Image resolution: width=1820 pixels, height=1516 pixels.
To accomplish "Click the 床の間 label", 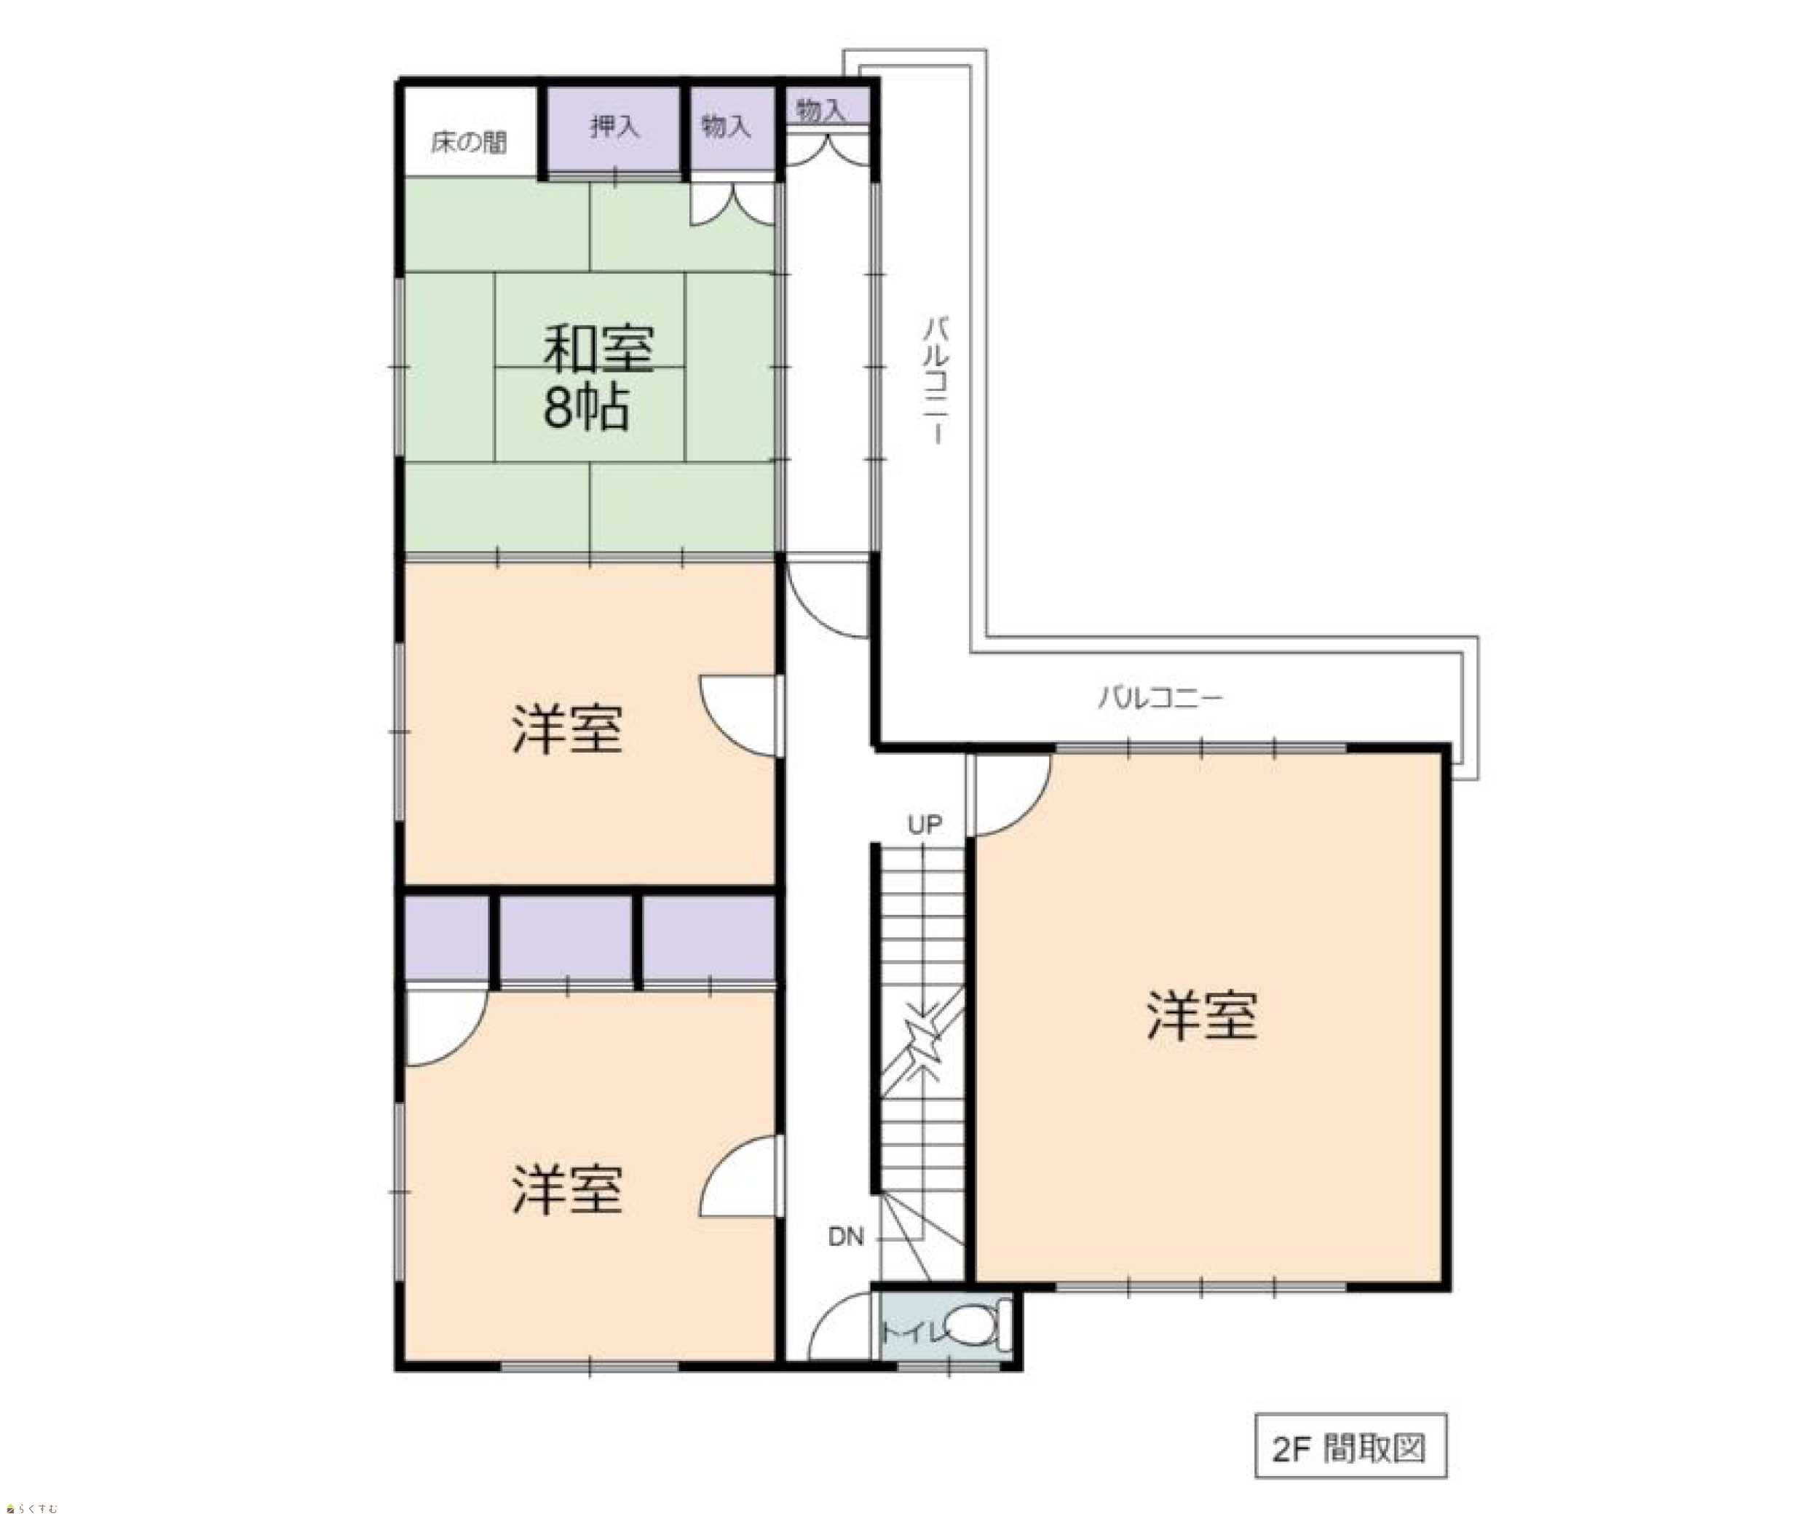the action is click(x=469, y=142).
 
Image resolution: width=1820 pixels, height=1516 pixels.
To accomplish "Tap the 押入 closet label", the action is click(x=614, y=127).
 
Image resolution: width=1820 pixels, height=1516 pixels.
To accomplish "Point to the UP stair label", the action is click(x=925, y=824).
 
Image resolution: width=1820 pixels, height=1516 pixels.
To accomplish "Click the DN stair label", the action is click(x=846, y=1237).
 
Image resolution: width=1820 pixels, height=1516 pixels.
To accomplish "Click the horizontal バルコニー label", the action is click(x=1160, y=697).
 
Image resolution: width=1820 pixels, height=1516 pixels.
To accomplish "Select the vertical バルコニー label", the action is click(x=936, y=381).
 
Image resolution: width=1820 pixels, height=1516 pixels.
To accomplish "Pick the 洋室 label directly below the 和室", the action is click(x=567, y=729).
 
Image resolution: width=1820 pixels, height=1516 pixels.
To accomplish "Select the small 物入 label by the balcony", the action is click(x=820, y=110).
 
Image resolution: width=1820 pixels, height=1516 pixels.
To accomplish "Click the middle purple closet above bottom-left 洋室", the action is click(x=566, y=939).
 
